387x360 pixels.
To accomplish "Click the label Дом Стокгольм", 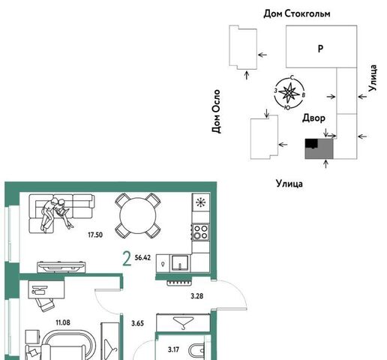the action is coord(297,13).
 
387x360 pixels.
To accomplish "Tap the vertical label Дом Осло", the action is coord(216,111).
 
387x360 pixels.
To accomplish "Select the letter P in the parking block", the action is coord(320,48).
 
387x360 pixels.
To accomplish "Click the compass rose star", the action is coord(289,93).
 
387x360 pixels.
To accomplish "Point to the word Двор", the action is coord(313,118).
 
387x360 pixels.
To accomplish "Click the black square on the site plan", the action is coord(311,144).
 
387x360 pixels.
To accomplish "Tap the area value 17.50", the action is coord(95,235).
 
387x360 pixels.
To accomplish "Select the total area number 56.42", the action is coord(142,257).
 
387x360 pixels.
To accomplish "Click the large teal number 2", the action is coord(127,259).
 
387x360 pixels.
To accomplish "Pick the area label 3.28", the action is coord(197,296).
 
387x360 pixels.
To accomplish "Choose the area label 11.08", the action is coord(63,322).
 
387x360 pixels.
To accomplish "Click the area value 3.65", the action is coord(137,323).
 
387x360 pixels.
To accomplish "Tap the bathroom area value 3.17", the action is coord(173,349).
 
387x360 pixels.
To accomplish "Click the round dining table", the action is coord(138,216).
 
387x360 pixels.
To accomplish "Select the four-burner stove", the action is coord(200,232).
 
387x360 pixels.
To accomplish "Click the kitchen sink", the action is coord(179,263).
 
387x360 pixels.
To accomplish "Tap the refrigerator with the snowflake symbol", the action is coord(200,202).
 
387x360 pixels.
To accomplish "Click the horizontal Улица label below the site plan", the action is coord(289,184).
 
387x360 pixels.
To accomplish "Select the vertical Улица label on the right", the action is coord(372,78).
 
